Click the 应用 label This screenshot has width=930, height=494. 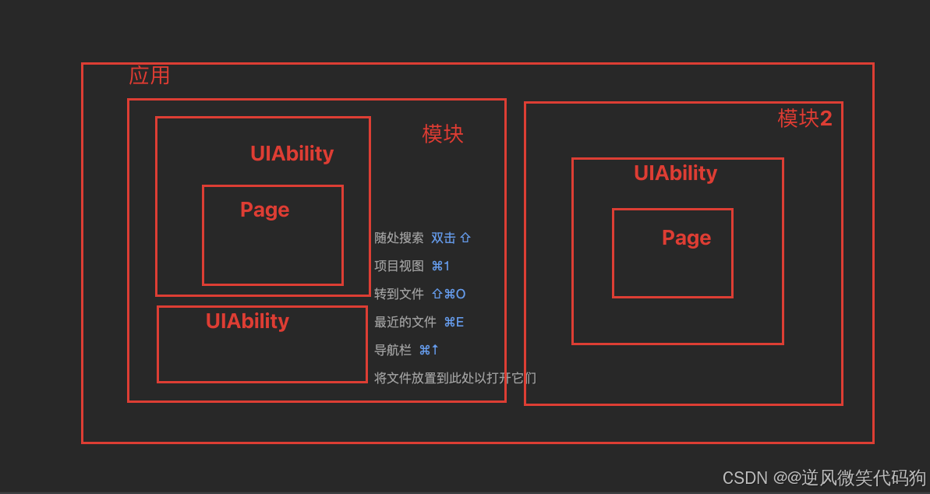[x=149, y=76]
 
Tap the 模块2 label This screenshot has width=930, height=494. [x=804, y=118]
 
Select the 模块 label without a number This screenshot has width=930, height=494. [x=443, y=134]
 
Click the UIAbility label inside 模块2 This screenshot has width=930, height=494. [x=675, y=173]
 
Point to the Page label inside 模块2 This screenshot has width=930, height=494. [x=686, y=238]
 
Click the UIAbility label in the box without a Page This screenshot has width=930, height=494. [x=247, y=321]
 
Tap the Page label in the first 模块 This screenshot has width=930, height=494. [x=264, y=210]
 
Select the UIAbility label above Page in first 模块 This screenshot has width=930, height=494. [x=292, y=153]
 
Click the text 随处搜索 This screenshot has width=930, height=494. [x=399, y=238]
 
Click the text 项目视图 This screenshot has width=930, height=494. [x=399, y=266]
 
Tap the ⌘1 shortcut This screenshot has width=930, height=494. [x=440, y=266]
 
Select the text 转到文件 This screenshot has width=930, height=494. [x=399, y=294]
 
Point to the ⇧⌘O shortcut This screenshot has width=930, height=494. [x=448, y=294]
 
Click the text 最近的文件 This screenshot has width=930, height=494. [x=405, y=322]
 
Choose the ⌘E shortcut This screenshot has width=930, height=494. [x=454, y=322]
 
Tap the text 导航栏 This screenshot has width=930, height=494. [x=393, y=350]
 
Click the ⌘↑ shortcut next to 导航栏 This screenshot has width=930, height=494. [x=429, y=350]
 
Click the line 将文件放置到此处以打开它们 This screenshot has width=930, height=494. [x=455, y=378]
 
